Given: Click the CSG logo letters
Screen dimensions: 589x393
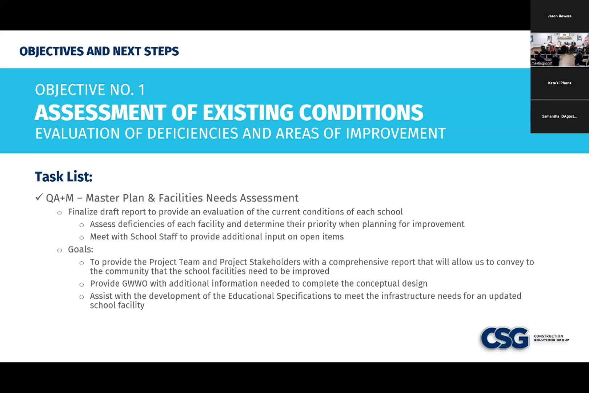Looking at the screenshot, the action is pos(505,338).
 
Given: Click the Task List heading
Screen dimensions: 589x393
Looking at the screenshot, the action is pos(64,176).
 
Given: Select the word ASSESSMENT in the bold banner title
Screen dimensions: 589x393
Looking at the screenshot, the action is pos(100,112).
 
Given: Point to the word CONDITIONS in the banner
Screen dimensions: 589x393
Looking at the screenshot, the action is pos(361,112).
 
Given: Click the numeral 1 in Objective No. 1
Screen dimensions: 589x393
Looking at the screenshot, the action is pos(142,90).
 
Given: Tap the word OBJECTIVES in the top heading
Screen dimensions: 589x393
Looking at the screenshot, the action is pos(51,51).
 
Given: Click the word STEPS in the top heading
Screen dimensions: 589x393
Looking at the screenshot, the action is pos(161,51).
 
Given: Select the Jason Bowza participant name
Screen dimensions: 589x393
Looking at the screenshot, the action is pos(560,16).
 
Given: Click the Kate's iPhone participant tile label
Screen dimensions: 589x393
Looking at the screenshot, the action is pos(560,83).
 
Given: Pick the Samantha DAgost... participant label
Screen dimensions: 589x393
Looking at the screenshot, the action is pos(560,116).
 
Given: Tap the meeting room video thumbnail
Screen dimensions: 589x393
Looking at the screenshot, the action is pos(560,49).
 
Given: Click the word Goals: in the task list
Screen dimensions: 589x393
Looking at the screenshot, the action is pos(80,249).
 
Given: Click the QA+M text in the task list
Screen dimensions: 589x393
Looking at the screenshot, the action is pos(60,198).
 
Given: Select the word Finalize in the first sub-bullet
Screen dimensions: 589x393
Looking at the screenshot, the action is pos(83,212).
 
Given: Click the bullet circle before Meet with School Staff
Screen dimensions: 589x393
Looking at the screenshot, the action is pos(81,238).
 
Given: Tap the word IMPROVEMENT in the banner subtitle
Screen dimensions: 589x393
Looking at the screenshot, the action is pos(396,133).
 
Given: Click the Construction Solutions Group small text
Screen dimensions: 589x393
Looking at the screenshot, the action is pos(552,338).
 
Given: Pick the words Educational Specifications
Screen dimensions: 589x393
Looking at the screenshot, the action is pos(280,296).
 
